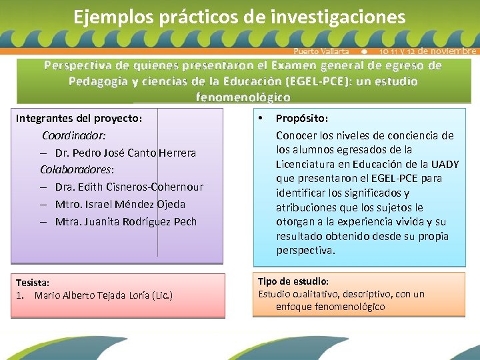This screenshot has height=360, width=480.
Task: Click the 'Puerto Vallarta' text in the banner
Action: (x=321, y=51)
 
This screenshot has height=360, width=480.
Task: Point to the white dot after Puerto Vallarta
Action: (x=363, y=51)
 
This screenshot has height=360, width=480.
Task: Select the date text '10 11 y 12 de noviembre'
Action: (x=427, y=51)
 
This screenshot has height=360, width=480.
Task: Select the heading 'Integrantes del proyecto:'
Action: (x=79, y=118)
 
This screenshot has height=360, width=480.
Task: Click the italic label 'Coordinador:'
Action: (x=73, y=135)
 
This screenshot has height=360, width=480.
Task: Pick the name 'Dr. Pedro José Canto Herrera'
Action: (x=125, y=153)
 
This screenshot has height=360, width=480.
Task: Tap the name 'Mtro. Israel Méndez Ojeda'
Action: (x=120, y=204)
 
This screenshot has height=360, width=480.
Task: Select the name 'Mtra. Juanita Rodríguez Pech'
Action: (x=126, y=221)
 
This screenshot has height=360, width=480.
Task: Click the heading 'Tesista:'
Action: (x=33, y=283)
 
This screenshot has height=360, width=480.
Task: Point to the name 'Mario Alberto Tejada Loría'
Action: (x=93, y=295)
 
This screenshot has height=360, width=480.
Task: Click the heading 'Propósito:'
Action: (x=301, y=118)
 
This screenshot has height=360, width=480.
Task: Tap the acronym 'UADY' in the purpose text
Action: (x=445, y=164)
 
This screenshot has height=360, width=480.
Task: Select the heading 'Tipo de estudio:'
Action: (x=293, y=281)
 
